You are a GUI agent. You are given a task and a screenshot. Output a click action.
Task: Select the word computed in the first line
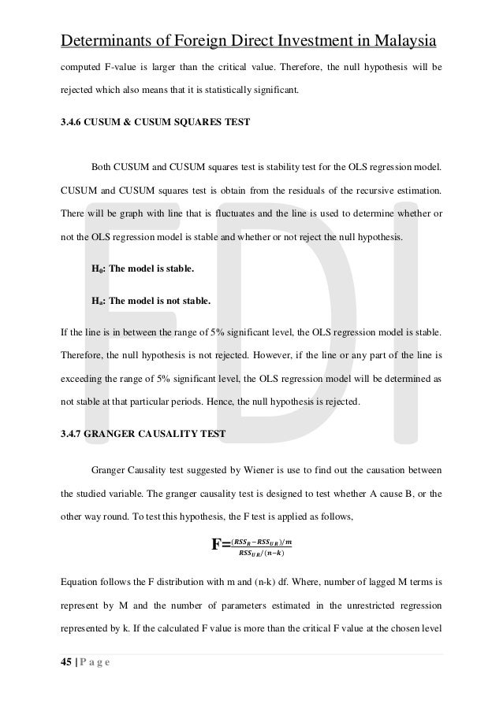84,68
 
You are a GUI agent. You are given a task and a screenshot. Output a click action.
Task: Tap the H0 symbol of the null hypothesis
98,269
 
